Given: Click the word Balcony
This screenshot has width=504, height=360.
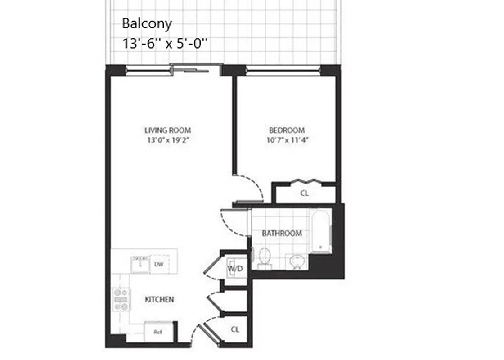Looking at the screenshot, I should [147, 23].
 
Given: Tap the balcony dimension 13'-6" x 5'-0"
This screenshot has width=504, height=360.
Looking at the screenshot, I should [166, 44].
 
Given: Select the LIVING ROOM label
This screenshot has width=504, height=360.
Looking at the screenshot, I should [167, 130].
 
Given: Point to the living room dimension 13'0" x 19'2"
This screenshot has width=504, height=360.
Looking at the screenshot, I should [167, 140].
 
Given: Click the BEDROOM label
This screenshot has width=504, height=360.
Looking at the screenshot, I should [286, 130].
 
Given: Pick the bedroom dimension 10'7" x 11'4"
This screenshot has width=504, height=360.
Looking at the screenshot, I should [286, 140].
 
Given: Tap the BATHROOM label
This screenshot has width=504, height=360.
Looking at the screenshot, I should [282, 234].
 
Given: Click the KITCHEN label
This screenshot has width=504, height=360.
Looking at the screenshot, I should [159, 299].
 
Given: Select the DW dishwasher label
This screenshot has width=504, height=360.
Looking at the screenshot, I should [158, 265].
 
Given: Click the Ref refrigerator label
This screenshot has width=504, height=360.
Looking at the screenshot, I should [157, 333].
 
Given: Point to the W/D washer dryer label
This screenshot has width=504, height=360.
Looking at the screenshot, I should [235, 269].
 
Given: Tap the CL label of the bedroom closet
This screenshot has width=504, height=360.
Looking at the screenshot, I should [304, 194].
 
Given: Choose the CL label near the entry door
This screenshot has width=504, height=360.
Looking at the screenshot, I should [235, 329].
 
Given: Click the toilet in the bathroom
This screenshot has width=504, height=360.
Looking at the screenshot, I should [265, 258].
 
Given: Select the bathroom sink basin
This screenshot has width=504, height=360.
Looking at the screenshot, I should [297, 260].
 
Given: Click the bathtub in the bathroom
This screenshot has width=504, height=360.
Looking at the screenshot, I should [321, 232].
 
